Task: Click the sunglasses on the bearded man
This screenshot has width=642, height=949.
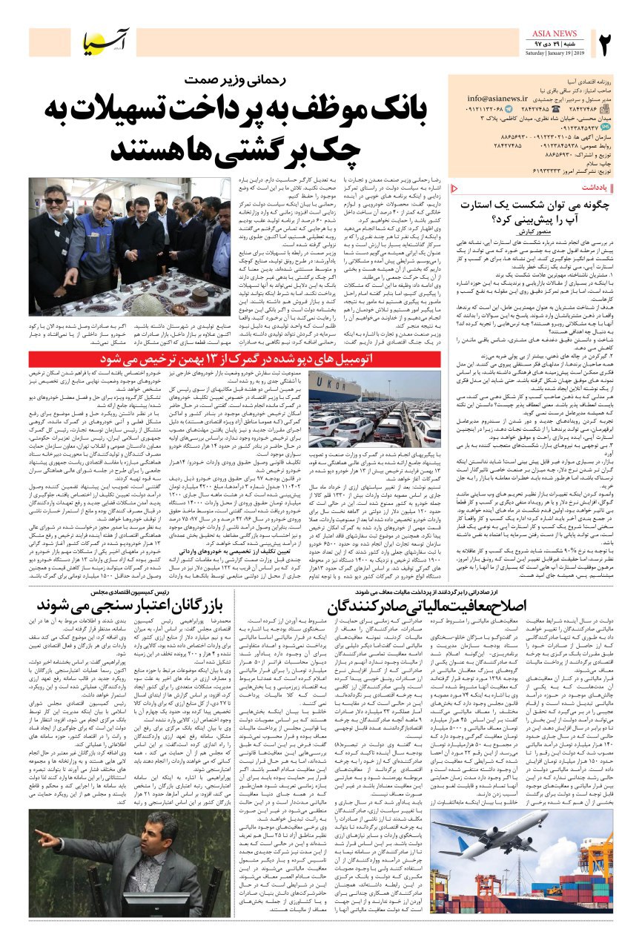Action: pos(53,201)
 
